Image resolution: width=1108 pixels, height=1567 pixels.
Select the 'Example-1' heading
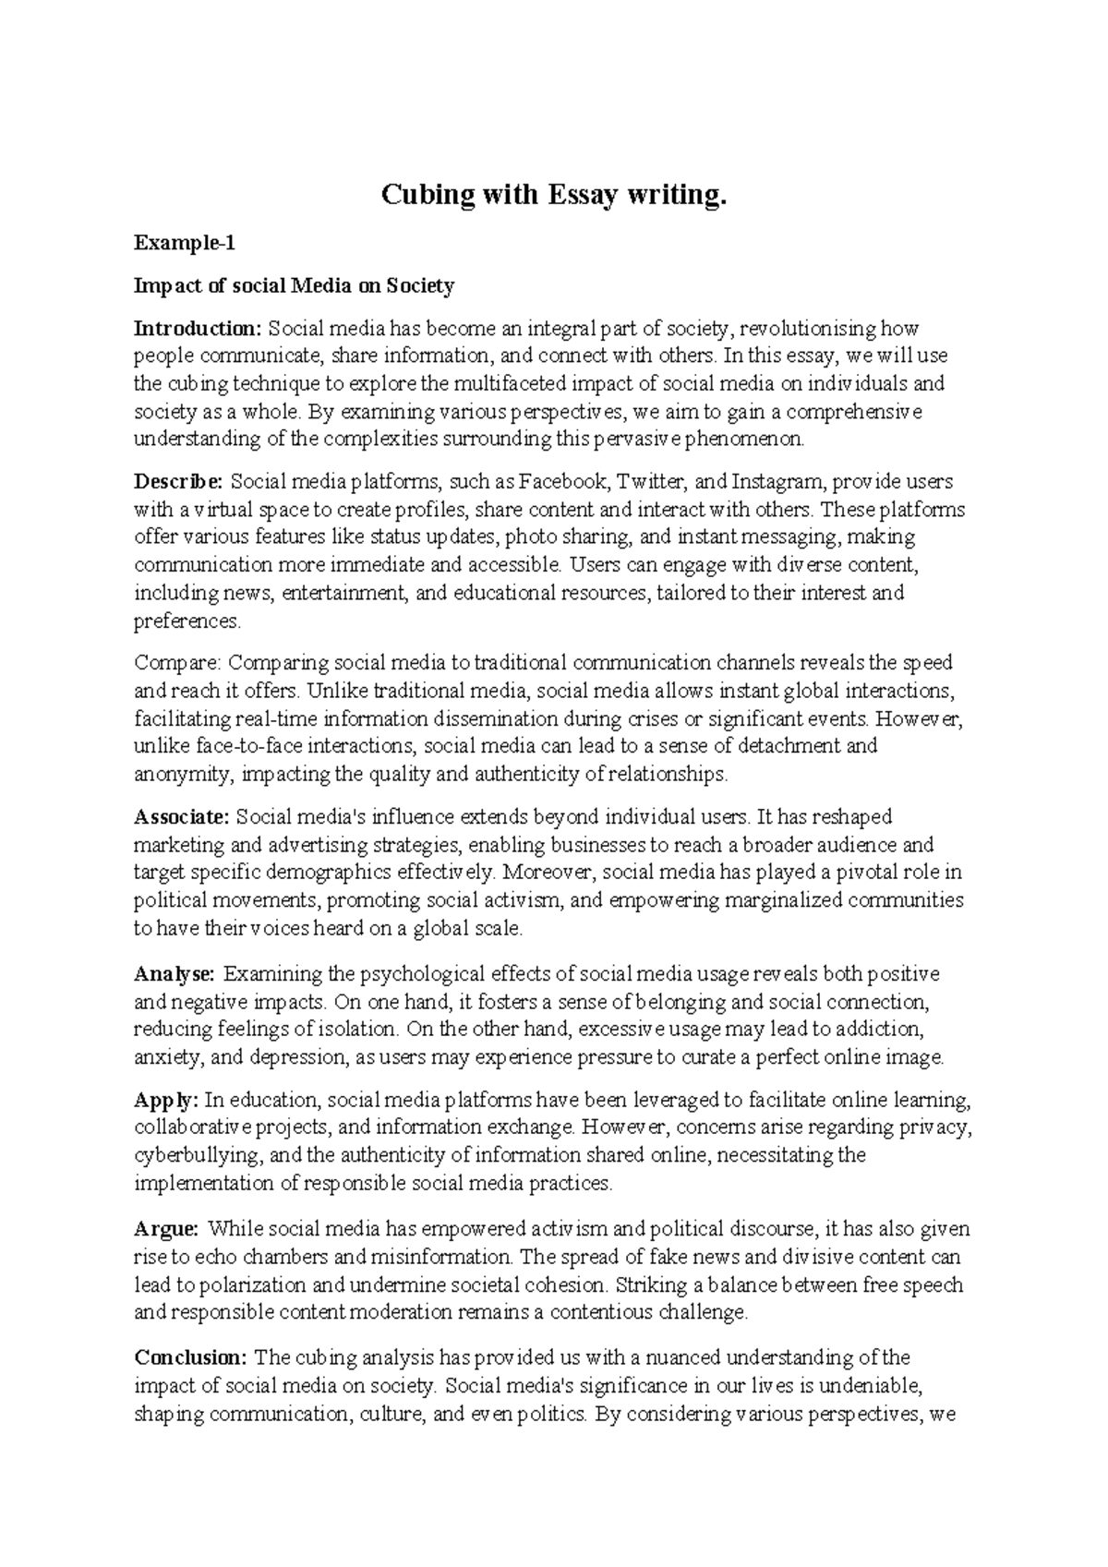185,244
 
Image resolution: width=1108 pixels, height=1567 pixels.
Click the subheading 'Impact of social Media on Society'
295,286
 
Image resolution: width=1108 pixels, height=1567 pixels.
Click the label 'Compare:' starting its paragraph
177,663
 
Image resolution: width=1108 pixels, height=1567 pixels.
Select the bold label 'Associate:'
182,817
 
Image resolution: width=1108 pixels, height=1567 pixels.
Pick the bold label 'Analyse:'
175,974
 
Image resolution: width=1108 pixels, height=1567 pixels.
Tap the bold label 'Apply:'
166,1101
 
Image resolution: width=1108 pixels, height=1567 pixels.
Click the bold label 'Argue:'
166,1229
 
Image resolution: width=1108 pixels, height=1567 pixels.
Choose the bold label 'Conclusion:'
190,1358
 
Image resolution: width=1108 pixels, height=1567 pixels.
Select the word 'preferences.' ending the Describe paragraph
187,621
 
